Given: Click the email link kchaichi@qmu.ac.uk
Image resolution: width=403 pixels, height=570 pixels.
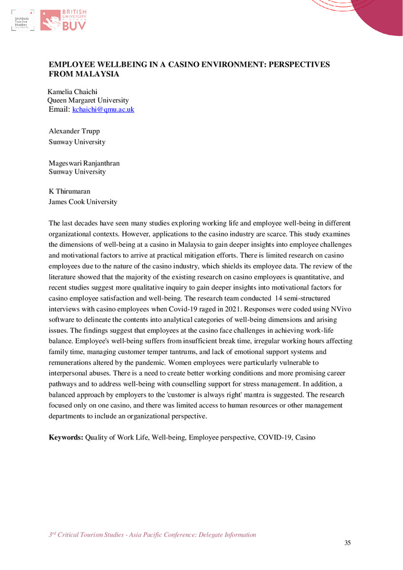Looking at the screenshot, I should [x=103, y=109].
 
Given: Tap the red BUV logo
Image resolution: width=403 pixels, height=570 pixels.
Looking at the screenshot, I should [x=63, y=20].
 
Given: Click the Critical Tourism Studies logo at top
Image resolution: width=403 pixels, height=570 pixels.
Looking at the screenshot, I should [x=22, y=21].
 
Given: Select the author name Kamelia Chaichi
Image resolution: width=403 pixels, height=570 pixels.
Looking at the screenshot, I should [x=73, y=91].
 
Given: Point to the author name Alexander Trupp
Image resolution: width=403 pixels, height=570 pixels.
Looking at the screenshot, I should [x=74, y=131].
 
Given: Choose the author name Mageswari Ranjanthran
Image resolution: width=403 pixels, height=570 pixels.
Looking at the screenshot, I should [x=84, y=163].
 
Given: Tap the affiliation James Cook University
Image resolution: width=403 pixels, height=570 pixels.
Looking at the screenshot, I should [x=83, y=202].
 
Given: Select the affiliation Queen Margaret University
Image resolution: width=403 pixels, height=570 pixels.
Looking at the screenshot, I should [x=88, y=100].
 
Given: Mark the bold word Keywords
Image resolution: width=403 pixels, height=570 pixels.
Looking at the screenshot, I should [x=66, y=437].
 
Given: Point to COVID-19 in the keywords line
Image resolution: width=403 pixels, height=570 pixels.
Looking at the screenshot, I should [x=274, y=437].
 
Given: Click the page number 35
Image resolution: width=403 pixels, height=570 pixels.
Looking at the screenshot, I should [x=348, y=543].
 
